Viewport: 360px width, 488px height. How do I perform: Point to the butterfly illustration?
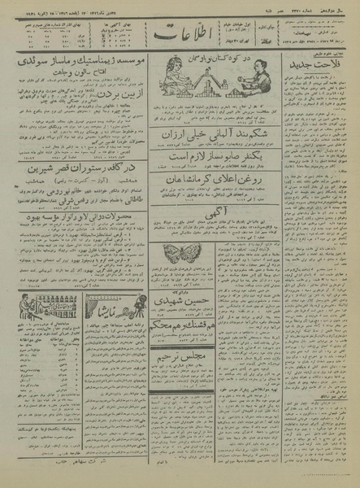click(176, 252)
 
